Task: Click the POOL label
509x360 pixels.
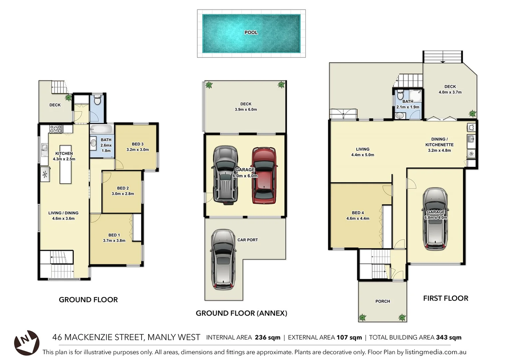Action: (x=251, y=32)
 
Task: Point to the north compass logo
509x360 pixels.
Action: (x=26, y=342)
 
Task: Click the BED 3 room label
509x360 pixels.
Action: (x=138, y=144)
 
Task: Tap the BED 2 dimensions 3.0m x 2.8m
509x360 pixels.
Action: (x=123, y=194)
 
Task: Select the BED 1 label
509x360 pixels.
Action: (x=114, y=235)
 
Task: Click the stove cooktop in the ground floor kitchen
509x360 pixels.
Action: (x=56, y=129)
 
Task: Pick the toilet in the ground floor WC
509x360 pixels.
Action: (x=97, y=100)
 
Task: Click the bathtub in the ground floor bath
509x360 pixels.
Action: (x=102, y=129)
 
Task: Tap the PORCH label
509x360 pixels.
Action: (x=382, y=301)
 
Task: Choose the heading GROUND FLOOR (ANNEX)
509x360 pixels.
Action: (x=241, y=313)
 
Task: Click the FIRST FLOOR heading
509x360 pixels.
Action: (x=445, y=298)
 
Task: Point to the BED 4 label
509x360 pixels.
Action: (x=358, y=213)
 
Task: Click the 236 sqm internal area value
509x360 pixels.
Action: (x=267, y=337)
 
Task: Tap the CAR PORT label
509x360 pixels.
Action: (x=248, y=240)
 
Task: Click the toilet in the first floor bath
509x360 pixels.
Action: (x=400, y=96)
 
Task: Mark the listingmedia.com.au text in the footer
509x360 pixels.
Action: (x=435, y=352)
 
